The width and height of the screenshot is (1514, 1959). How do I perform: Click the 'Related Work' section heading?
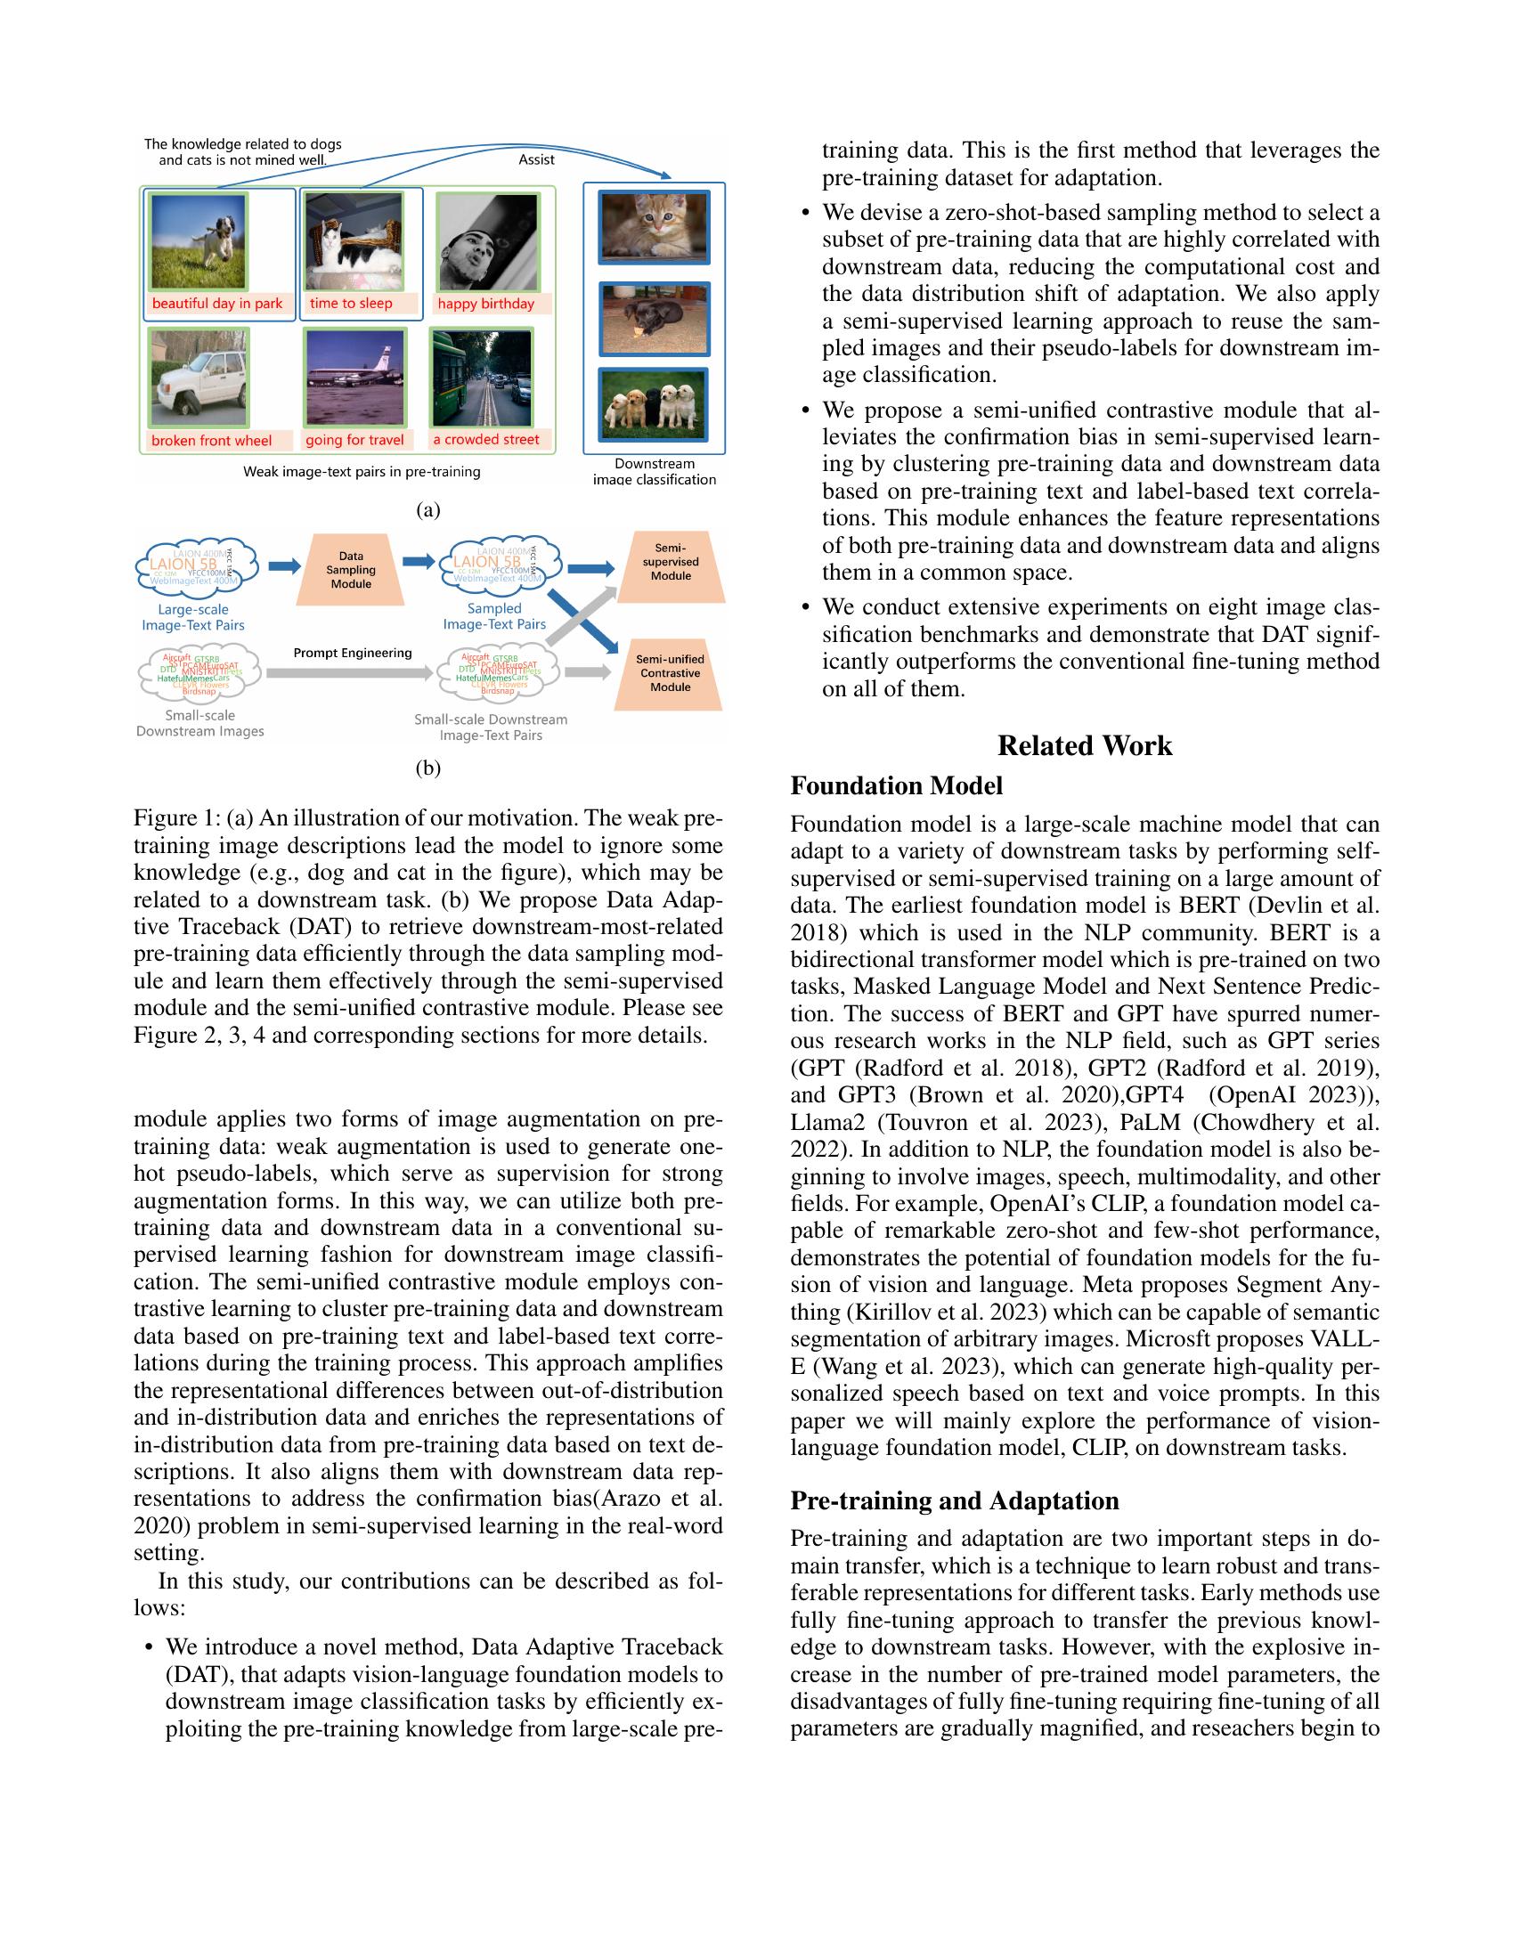coord(1084,745)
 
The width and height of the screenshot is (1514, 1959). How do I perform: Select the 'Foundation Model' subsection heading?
coord(896,785)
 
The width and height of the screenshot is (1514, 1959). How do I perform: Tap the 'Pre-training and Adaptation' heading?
coord(955,1500)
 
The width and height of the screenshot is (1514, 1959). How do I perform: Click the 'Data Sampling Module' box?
coord(351,570)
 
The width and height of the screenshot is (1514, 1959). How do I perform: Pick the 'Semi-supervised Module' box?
coord(670,562)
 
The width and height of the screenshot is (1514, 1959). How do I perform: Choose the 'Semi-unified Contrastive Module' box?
coord(670,672)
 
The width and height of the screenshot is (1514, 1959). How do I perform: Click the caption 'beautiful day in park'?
coord(217,303)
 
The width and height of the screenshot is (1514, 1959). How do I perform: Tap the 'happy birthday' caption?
coord(485,303)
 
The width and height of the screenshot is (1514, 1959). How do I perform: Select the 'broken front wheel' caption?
coord(212,441)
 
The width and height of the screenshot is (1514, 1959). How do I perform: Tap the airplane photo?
coord(355,377)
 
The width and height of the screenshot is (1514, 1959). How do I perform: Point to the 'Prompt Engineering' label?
coord(353,653)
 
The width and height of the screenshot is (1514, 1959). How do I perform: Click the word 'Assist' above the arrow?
coord(536,159)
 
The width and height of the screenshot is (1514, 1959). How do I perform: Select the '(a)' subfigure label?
coord(427,510)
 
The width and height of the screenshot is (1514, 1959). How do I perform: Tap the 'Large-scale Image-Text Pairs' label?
coord(193,617)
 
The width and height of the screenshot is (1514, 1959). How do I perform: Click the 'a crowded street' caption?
coord(486,440)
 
